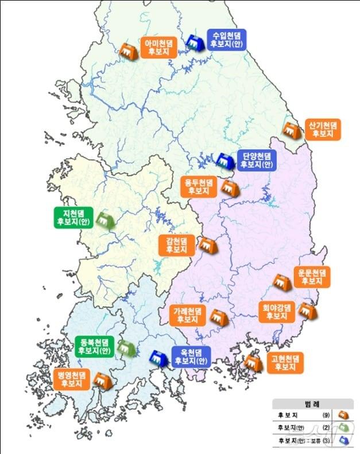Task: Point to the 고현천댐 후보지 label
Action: [285, 363]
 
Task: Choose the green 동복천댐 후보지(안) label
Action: [95, 346]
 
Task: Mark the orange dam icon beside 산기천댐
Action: [292, 131]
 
